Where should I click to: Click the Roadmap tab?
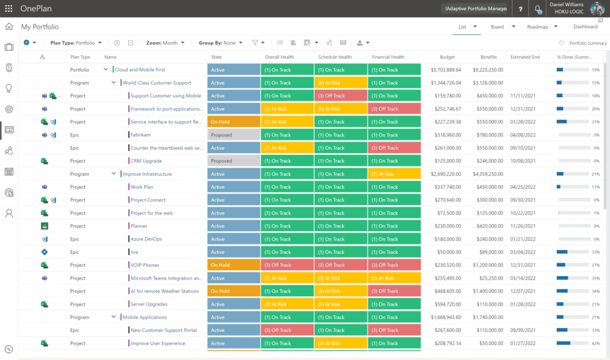[537, 27]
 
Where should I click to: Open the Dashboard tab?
[585, 27]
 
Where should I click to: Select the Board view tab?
[497, 27]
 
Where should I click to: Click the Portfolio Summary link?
[587, 43]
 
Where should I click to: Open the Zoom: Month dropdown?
[165, 43]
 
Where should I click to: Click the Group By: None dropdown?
[220, 43]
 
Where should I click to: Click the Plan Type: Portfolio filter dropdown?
[76, 43]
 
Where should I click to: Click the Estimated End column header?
[525, 57]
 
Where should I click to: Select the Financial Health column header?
[388, 57]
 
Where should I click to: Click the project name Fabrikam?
[140, 135]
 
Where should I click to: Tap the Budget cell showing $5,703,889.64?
[446, 70]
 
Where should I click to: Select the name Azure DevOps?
[146, 239]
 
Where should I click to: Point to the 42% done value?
[595, 343]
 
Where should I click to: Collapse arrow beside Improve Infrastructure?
[113, 174]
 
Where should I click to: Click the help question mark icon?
[521, 9]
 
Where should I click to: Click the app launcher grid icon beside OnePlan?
[8, 9]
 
